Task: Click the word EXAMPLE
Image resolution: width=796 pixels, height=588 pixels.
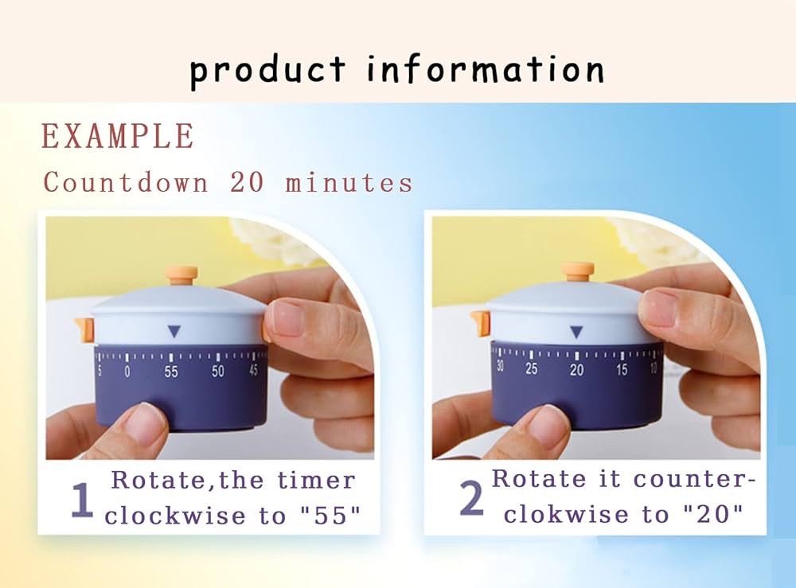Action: tap(117, 136)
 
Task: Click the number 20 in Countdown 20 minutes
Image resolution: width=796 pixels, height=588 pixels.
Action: tap(247, 182)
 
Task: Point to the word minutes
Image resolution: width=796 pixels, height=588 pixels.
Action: tap(349, 183)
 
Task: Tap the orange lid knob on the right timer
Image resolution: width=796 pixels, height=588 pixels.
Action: tap(578, 271)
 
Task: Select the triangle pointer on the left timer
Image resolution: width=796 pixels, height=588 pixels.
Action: tap(174, 331)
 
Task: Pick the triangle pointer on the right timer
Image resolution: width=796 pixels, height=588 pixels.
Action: tap(576, 332)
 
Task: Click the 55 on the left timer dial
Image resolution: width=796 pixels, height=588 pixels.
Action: tap(171, 372)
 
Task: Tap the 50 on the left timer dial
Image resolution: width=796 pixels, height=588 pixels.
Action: tap(218, 371)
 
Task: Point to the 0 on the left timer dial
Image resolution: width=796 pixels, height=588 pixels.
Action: tap(127, 372)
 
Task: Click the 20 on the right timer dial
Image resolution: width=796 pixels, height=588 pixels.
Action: tap(576, 370)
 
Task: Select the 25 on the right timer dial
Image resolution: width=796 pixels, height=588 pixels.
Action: tap(532, 368)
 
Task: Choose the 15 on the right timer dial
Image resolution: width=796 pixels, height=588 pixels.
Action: tap(622, 369)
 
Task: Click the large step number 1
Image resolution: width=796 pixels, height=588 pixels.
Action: tap(82, 500)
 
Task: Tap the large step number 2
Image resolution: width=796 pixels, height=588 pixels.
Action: tap(471, 498)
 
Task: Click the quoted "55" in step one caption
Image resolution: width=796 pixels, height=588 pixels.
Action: tap(330, 516)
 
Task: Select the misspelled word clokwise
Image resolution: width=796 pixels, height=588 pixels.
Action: tap(566, 515)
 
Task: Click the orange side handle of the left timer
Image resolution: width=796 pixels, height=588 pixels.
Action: tap(85, 328)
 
